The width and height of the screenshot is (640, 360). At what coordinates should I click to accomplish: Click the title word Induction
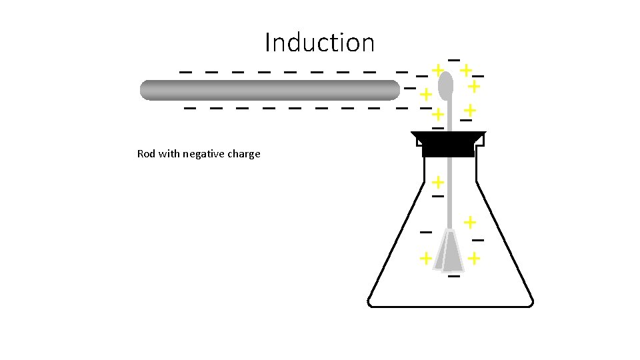pos(319,43)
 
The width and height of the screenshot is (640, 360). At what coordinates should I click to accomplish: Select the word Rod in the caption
pos(146,154)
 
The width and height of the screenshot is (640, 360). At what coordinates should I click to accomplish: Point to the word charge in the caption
pos(243,155)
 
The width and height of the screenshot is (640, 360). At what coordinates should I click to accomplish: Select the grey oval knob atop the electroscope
pos(446,85)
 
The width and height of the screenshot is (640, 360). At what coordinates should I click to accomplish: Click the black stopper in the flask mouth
pos(448,144)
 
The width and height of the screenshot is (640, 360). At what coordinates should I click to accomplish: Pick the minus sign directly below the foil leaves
pos(454,275)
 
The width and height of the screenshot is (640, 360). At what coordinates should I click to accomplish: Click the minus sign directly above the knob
pos(453,61)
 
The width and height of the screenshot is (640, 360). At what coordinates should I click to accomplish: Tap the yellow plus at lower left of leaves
pos(425,258)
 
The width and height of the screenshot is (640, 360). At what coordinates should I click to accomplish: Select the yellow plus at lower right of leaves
pos(474,257)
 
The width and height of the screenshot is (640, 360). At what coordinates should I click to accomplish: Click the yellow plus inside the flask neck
pos(437,181)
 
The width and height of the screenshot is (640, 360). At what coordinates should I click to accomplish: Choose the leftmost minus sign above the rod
pos(186,71)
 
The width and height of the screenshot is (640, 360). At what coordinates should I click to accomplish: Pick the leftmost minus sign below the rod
pos(190,107)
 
